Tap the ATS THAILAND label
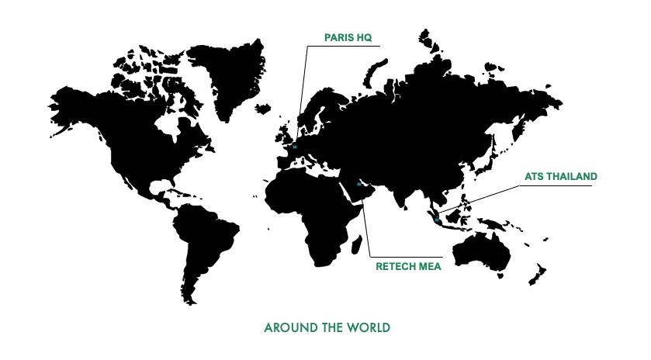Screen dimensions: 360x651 560,176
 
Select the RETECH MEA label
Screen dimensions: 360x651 408,266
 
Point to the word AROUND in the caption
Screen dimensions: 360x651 286,327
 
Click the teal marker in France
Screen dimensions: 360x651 295,147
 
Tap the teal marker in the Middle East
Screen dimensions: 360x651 358,184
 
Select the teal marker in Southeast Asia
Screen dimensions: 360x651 438,220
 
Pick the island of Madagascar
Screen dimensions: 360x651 356,246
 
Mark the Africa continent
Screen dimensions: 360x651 310,209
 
